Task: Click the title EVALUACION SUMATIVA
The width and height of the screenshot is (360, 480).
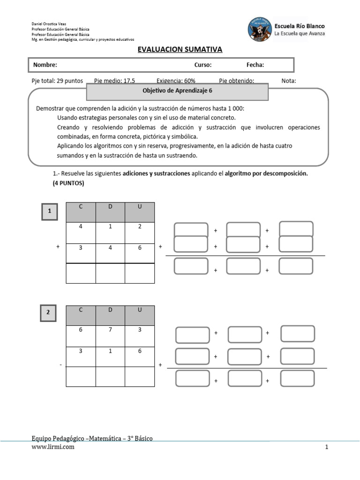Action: [x=180, y=50]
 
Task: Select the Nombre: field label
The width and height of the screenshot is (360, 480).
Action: [x=45, y=65]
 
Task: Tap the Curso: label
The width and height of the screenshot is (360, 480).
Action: [x=203, y=65]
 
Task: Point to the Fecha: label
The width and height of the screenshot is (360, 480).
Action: [x=255, y=65]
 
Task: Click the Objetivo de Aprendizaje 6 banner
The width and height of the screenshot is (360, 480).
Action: [x=178, y=92]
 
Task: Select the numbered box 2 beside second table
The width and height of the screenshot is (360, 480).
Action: [x=49, y=313]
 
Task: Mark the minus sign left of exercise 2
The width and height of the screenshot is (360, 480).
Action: [x=61, y=365]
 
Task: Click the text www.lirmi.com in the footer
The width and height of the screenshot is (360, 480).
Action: [x=52, y=447]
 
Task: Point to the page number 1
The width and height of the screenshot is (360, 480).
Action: [x=326, y=448]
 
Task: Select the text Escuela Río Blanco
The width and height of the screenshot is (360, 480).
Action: [x=300, y=26]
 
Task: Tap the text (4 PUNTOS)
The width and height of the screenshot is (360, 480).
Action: [x=68, y=183]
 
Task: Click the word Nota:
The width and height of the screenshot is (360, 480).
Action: [x=289, y=81]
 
